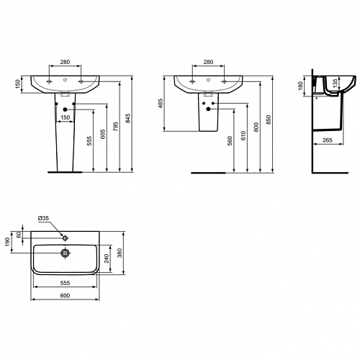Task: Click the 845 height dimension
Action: [128, 118]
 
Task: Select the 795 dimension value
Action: [116, 127]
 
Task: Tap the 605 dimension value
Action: [102, 135]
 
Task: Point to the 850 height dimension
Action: [269, 120]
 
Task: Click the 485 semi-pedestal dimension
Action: [161, 103]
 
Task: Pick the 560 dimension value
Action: [230, 141]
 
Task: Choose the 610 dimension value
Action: [243, 135]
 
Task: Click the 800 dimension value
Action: [256, 127]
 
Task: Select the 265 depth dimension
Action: [328, 140]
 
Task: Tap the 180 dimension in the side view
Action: [300, 86]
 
